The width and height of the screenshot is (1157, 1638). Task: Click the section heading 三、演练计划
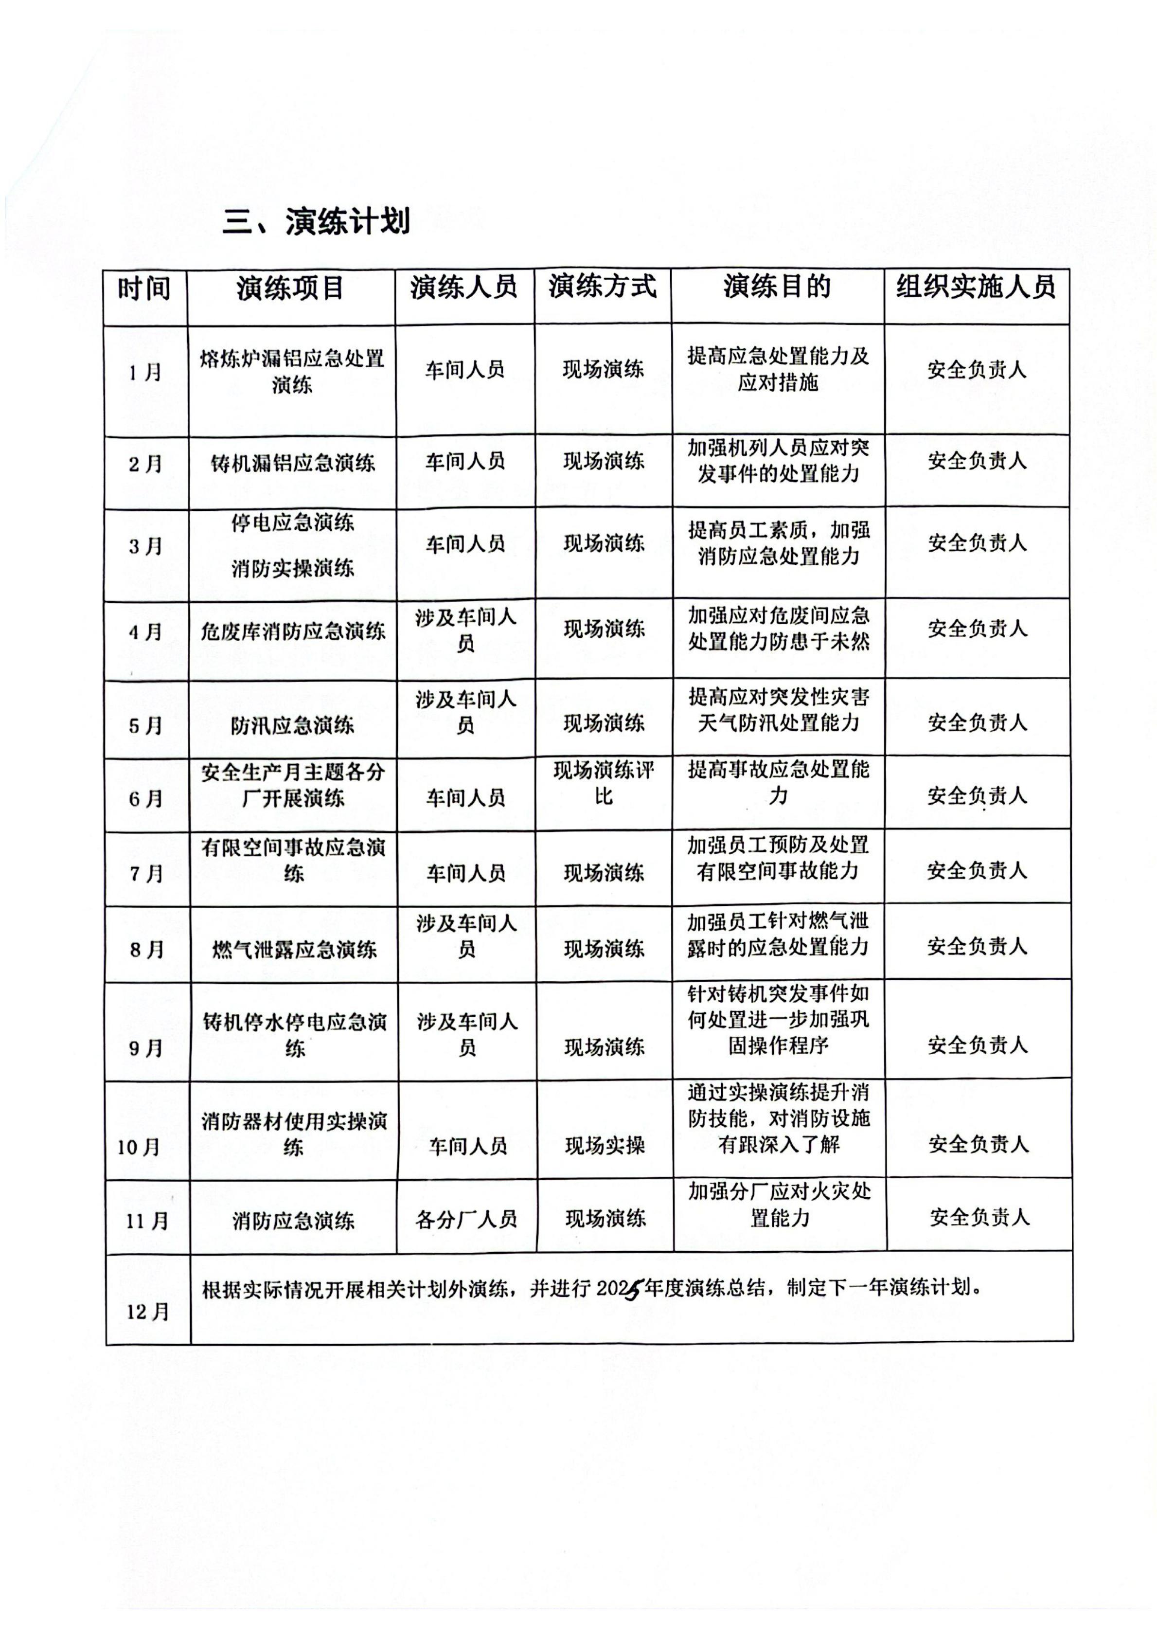(x=316, y=222)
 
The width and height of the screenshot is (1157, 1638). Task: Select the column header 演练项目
(x=290, y=288)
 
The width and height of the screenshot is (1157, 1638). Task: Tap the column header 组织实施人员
(x=976, y=287)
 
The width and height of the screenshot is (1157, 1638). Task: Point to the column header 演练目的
(x=777, y=287)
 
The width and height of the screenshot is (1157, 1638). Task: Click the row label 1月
(x=145, y=372)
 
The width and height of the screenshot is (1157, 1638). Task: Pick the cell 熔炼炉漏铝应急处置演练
(x=292, y=372)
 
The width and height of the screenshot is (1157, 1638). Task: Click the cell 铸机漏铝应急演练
(x=292, y=464)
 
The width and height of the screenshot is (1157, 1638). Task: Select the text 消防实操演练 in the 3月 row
(x=292, y=569)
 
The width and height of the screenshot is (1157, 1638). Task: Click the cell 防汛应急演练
(x=292, y=725)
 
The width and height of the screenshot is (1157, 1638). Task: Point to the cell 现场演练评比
(x=604, y=783)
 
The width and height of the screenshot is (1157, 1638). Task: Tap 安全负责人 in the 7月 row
(x=977, y=870)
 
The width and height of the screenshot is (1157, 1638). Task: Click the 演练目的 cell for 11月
(x=779, y=1204)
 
